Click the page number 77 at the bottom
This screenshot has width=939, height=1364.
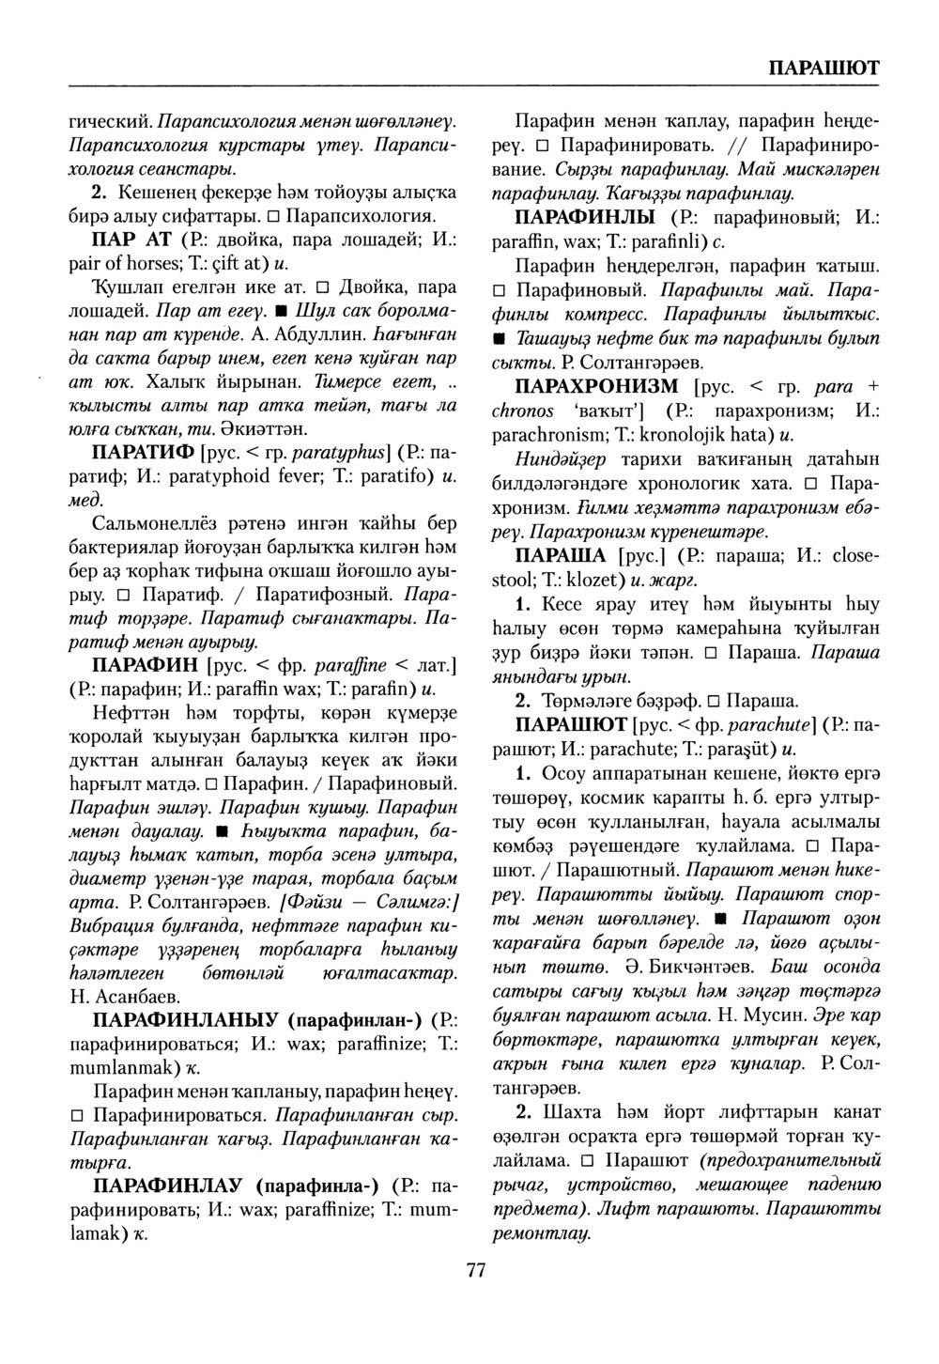475,1270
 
